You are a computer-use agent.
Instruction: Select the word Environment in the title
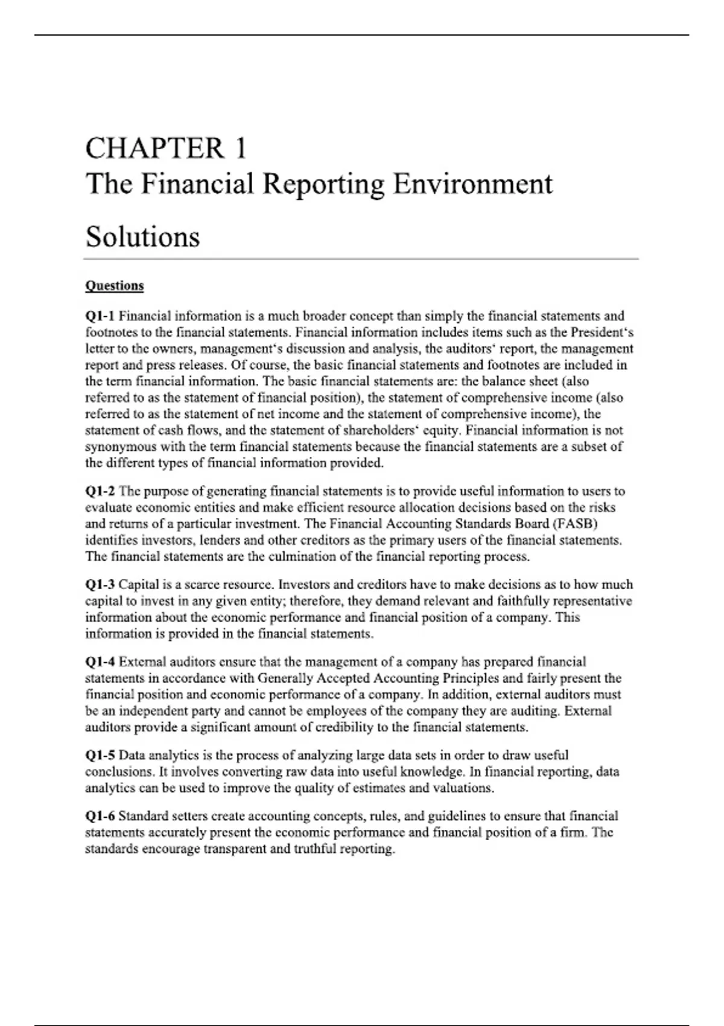(x=472, y=183)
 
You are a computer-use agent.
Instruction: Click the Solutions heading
(x=142, y=237)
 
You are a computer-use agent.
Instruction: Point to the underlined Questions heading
(x=115, y=285)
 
